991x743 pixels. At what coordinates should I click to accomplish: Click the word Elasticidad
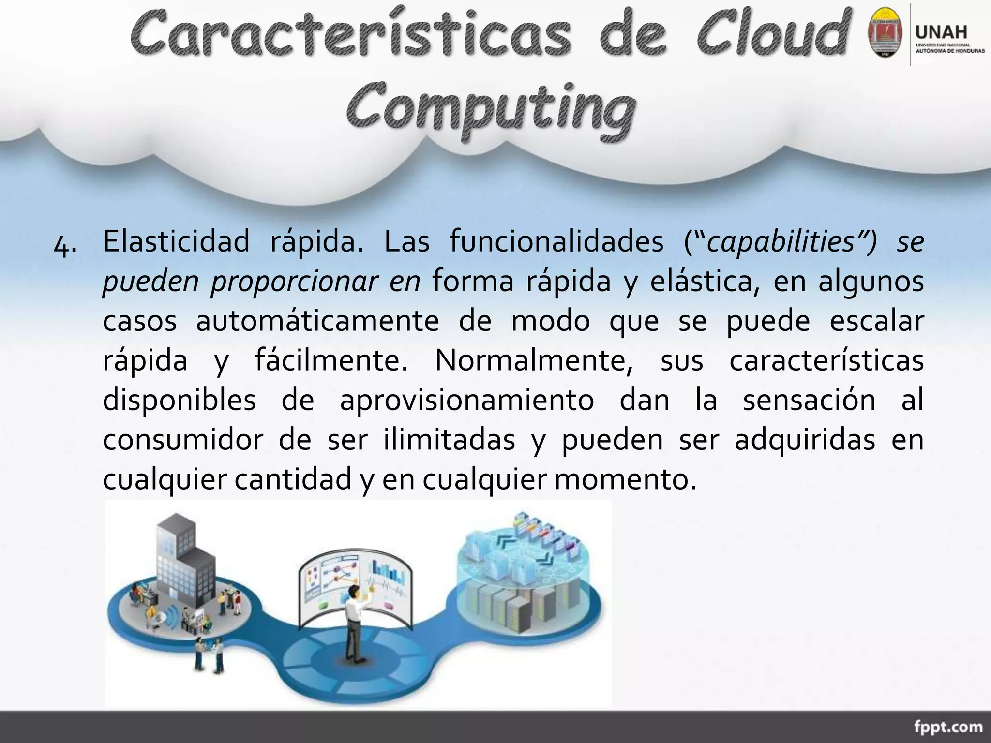tap(176, 241)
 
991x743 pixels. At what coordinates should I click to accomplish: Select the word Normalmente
tap(533, 360)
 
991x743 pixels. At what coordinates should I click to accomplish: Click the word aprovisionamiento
tap(467, 400)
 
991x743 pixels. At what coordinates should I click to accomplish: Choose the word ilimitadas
tap(450, 440)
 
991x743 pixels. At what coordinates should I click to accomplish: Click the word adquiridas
tap(805, 440)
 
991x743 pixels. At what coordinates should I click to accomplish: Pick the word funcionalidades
tap(556, 241)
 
